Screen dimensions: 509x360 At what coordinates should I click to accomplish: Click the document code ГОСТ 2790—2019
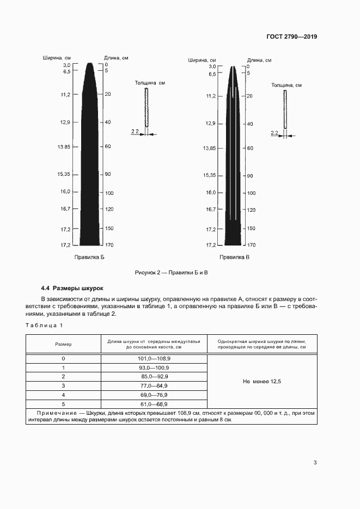tap(291, 37)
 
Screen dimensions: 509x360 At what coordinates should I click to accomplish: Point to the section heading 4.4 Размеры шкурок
tap(72, 288)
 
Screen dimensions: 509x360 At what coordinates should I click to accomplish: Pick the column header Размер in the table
tap(63, 344)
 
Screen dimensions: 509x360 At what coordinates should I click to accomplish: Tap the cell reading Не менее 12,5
tap(262, 382)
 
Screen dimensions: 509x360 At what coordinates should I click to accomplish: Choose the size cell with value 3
tap(63, 386)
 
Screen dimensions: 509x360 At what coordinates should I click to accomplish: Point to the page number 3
tap(315, 463)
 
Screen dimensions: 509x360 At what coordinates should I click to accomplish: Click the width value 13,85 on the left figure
tap(63, 147)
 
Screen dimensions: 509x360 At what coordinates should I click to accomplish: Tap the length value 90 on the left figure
tap(108, 174)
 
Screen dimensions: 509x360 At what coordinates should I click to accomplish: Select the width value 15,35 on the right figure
tap(209, 175)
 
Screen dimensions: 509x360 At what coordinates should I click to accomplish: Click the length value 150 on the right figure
tap(251, 229)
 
